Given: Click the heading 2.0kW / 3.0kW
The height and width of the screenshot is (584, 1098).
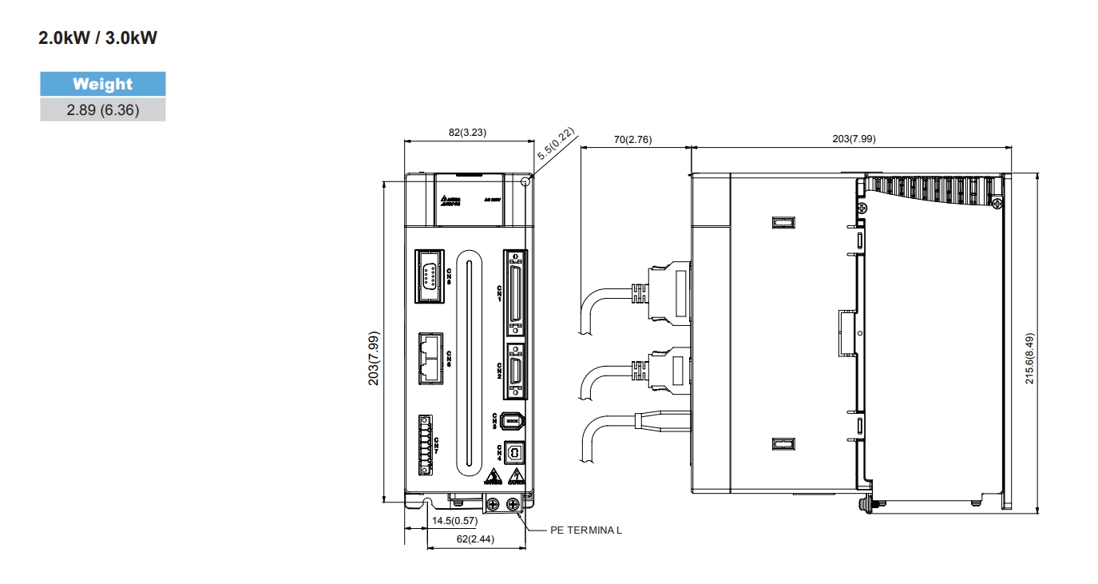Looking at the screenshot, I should coord(98,38).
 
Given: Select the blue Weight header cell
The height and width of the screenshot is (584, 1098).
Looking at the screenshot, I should coord(103,84).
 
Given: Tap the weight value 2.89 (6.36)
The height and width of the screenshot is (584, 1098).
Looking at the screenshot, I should coord(103,110).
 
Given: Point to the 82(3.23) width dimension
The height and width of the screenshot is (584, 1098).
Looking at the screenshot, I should coord(468,133).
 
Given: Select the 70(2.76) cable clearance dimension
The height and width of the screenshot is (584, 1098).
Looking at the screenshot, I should coord(632,139).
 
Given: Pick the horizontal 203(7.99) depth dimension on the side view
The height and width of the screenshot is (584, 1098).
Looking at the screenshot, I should coord(854,139).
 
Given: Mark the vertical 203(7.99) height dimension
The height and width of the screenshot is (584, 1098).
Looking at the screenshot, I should coord(374,359).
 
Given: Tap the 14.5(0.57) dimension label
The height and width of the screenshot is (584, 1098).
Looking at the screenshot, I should coord(454,521).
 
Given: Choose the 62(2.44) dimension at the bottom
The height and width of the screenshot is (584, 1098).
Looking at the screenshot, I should coord(475,539).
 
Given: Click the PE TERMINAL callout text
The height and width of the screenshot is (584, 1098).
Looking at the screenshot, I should coord(585,530).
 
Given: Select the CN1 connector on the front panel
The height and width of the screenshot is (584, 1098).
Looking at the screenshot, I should coord(515,292).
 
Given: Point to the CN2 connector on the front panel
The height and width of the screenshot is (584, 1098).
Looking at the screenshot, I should coord(516,371).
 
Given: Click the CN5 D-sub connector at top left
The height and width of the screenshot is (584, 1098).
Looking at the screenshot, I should coord(430,276).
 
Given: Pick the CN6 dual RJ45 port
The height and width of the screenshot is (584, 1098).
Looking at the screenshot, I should coord(430,358).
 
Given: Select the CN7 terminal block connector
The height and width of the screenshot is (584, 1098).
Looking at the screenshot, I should coord(425,445).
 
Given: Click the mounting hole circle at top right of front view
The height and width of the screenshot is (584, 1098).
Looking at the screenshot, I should coord(525,181).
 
